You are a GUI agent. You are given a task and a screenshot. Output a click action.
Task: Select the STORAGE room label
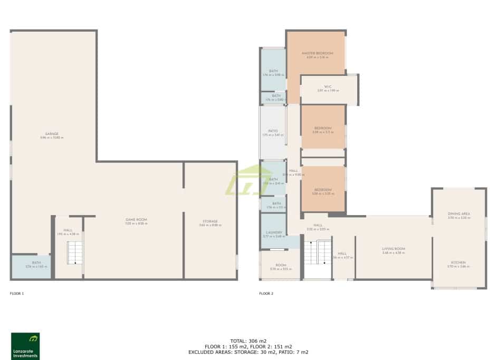pos(209,221)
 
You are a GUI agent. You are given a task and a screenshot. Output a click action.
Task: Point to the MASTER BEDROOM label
pos(317,54)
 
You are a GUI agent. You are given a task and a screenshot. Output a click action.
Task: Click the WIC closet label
pos(328,87)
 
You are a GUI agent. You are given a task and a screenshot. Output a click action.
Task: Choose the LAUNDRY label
pos(273,232)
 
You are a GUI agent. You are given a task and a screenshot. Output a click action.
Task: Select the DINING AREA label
pos(458,213)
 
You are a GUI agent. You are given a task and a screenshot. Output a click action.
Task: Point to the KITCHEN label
pos(458,262)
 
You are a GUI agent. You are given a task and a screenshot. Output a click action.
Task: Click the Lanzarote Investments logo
pos(25,345)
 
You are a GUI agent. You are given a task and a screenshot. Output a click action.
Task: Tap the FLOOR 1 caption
pos(17,293)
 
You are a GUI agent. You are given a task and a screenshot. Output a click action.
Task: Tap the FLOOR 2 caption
pos(266,293)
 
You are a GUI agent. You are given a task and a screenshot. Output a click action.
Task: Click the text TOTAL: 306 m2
pos(248,341)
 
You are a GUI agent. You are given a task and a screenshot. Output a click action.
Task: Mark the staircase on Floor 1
pos(74,252)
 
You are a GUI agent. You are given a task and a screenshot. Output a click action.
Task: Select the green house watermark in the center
pos(248,181)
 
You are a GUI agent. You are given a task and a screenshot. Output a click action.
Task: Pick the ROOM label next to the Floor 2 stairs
pos(280,265)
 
